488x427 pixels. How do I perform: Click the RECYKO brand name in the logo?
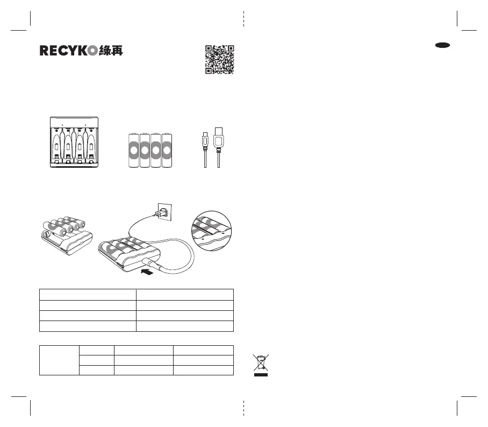click(x=68, y=51)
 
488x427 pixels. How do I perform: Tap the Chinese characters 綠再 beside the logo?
click(x=111, y=51)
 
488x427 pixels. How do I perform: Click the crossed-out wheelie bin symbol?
click(x=261, y=365)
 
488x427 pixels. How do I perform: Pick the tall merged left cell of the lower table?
click(x=59, y=360)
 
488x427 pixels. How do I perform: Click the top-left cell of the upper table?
click(x=88, y=294)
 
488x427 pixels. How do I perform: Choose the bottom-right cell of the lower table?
click(x=203, y=369)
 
